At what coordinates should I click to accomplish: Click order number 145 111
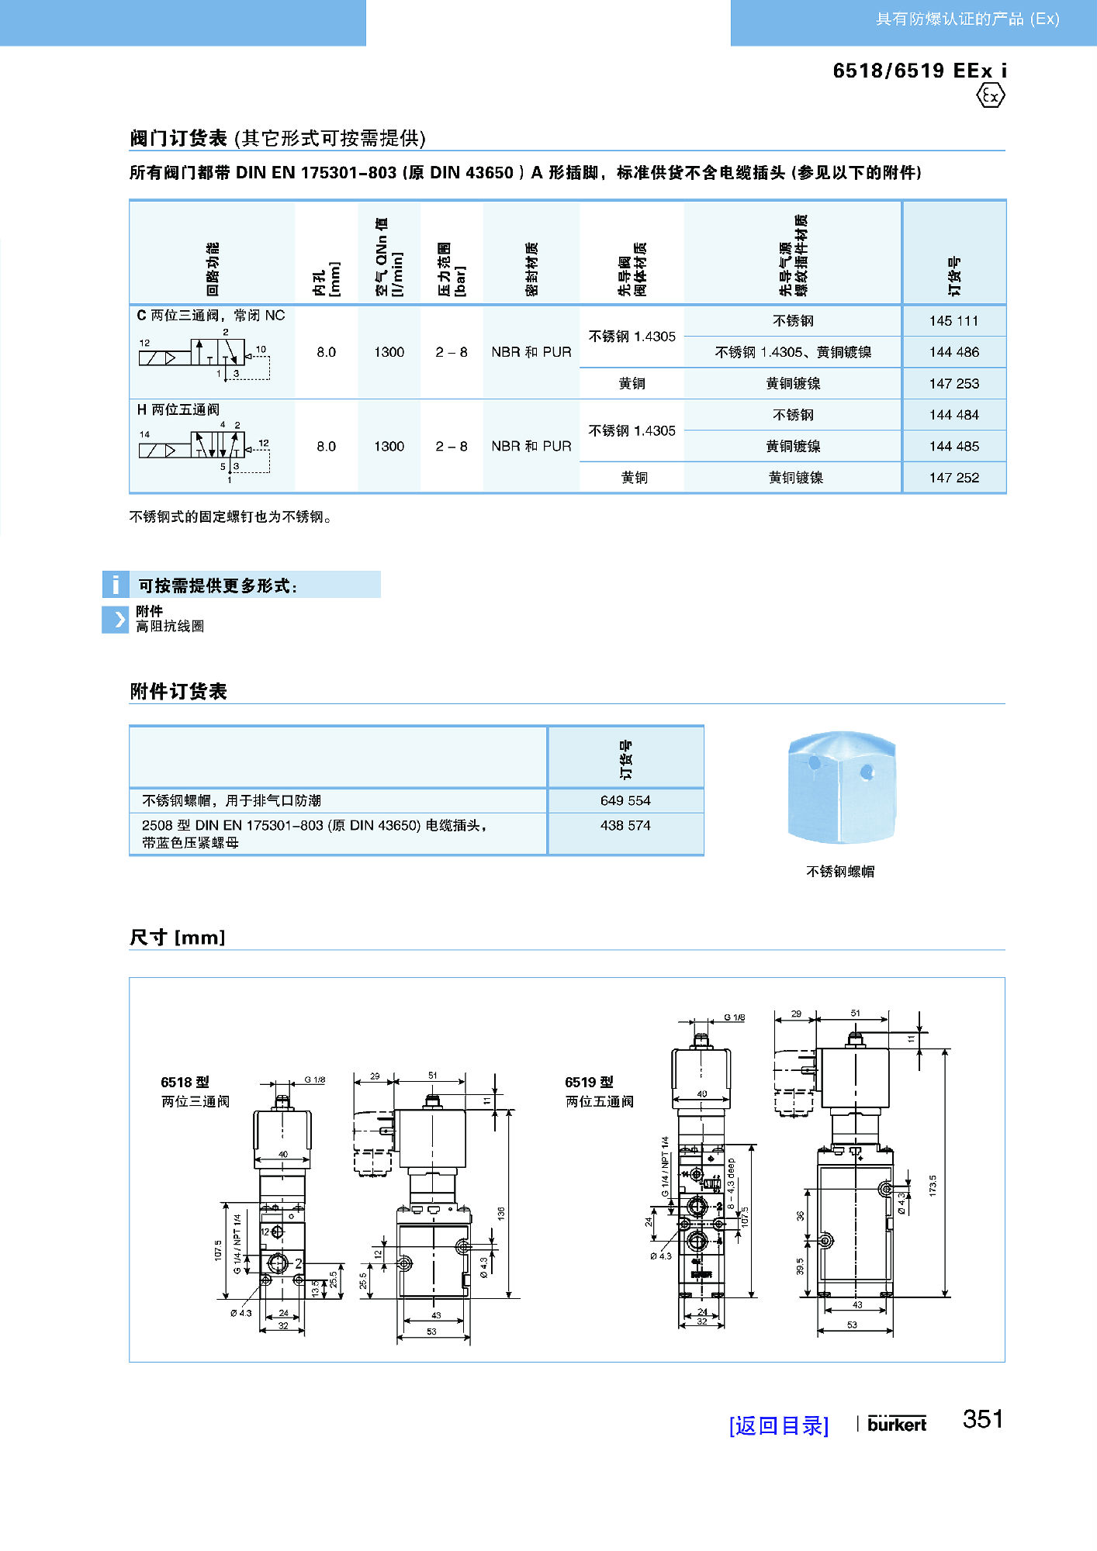pyautogui.click(x=953, y=321)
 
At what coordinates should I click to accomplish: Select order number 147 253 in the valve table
pyautogui.click(x=953, y=384)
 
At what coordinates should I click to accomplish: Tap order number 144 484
pyautogui.click(x=953, y=415)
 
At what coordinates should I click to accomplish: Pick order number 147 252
pyautogui.click(x=953, y=478)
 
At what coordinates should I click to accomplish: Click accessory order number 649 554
pyautogui.click(x=625, y=800)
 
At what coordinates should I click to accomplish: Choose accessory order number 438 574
pyautogui.click(x=625, y=826)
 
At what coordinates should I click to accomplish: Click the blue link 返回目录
pyautogui.click(x=778, y=1425)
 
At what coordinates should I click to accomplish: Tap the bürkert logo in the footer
pyautogui.click(x=897, y=1424)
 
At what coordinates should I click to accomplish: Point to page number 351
pyautogui.click(x=983, y=1419)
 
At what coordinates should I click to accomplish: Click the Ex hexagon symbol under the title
pyautogui.click(x=990, y=96)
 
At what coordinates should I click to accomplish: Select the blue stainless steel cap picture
pyautogui.click(x=841, y=786)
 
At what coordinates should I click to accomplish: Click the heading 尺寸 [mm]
pyautogui.click(x=178, y=937)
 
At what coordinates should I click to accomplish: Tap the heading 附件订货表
pyautogui.click(x=178, y=691)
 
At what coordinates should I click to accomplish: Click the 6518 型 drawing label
pyautogui.click(x=185, y=1082)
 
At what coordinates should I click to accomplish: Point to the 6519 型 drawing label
pyautogui.click(x=589, y=1082)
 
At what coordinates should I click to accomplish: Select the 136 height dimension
pyautogui.click(x=501, y=1212)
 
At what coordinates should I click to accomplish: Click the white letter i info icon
pyautogui.click(x=116, y=585)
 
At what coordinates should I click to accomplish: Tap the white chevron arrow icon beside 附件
pyautogui.click(x=116, y=619)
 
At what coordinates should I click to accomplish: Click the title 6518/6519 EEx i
pyautogui.click(x=919, y=71)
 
